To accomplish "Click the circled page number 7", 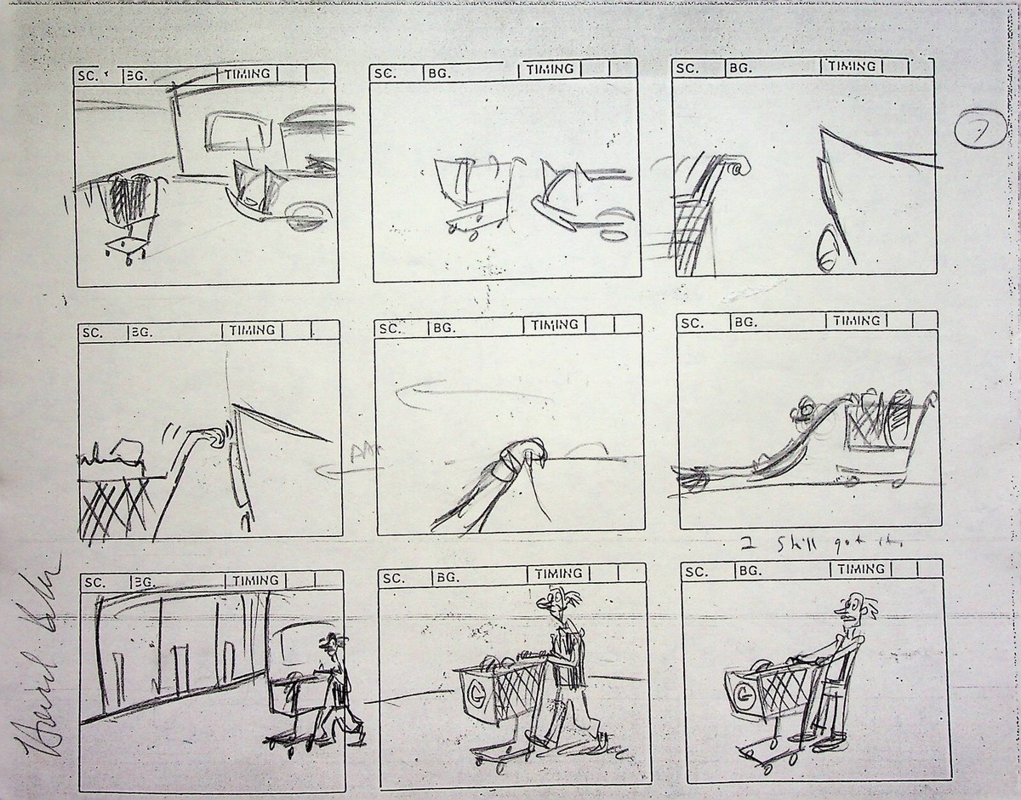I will [x=976, y=134].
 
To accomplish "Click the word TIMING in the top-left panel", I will [x=248, y=74].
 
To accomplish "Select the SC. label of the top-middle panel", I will [x=385, y=73].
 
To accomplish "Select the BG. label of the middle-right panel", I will [x=745, y=322].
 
